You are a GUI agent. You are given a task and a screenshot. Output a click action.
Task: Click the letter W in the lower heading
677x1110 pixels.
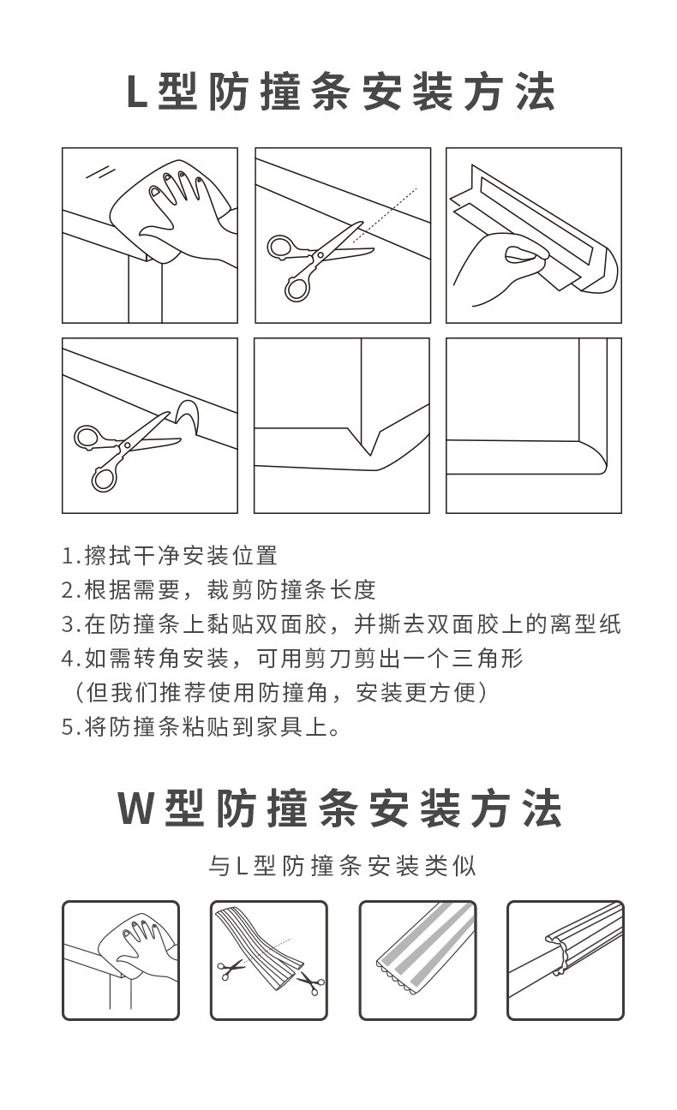[135, 809]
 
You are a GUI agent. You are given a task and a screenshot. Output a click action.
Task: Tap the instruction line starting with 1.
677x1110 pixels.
[169, 556]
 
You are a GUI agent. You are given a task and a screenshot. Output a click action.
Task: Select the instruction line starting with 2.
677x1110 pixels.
[219, 589]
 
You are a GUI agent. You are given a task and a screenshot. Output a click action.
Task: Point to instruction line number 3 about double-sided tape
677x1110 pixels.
[341, 624]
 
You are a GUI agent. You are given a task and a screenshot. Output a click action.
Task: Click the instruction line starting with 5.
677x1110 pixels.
[201, 727]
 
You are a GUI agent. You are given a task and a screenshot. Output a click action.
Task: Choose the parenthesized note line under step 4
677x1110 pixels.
[281, 693]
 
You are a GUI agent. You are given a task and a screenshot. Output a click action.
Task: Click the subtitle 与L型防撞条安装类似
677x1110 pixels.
[342, 866]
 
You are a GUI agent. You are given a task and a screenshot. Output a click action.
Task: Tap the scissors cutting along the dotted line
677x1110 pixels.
[321, 261]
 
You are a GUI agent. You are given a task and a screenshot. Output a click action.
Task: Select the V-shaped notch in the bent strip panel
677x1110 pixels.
[369, 441]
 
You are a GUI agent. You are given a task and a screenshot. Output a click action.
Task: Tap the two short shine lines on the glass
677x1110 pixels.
[100, 172]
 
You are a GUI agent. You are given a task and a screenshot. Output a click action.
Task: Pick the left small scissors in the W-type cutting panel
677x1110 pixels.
[231, 969]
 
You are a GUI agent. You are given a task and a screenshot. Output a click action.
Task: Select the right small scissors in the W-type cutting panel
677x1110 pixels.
[311, 982]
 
